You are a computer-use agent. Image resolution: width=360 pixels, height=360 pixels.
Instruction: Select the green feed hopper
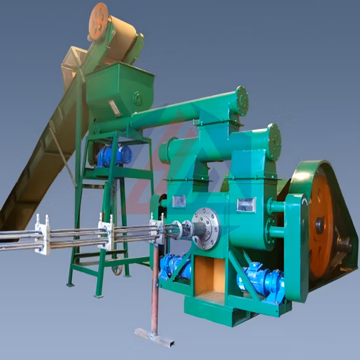118,89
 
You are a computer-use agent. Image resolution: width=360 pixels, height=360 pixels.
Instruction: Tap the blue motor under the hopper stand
113,155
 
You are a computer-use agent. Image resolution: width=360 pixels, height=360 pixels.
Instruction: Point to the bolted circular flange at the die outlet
206,228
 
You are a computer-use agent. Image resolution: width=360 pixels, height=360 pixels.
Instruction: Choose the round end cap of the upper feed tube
242,100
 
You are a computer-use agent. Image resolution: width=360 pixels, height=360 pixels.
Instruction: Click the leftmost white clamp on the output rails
42,234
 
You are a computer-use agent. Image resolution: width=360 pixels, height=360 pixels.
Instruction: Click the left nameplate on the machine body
179,201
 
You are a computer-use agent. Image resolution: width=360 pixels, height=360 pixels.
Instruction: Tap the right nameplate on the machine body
245,205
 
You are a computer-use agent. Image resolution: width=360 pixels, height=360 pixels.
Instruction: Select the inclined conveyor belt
39,164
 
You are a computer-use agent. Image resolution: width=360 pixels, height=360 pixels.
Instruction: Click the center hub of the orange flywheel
321,224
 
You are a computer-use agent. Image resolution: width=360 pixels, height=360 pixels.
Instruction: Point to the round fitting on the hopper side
137,99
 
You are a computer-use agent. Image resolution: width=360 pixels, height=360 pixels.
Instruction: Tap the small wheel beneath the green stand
117,268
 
